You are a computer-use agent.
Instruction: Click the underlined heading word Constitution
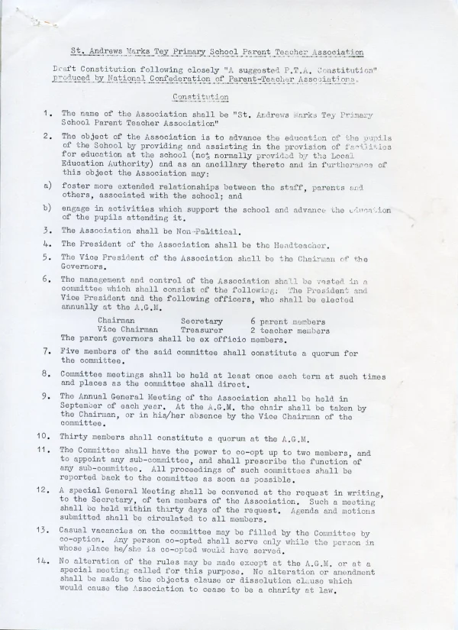[x=201, y=97]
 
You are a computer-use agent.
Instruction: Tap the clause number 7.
[x=47, y=352]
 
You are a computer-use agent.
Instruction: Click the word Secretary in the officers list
[x=202, y=321]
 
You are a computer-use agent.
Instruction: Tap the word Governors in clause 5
[x=85, y=268]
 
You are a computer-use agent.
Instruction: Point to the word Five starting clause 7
[x=71, y=352]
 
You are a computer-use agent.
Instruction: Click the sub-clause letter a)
[x=47, y=186]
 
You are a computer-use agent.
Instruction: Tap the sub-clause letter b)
[x=47, y=208]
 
